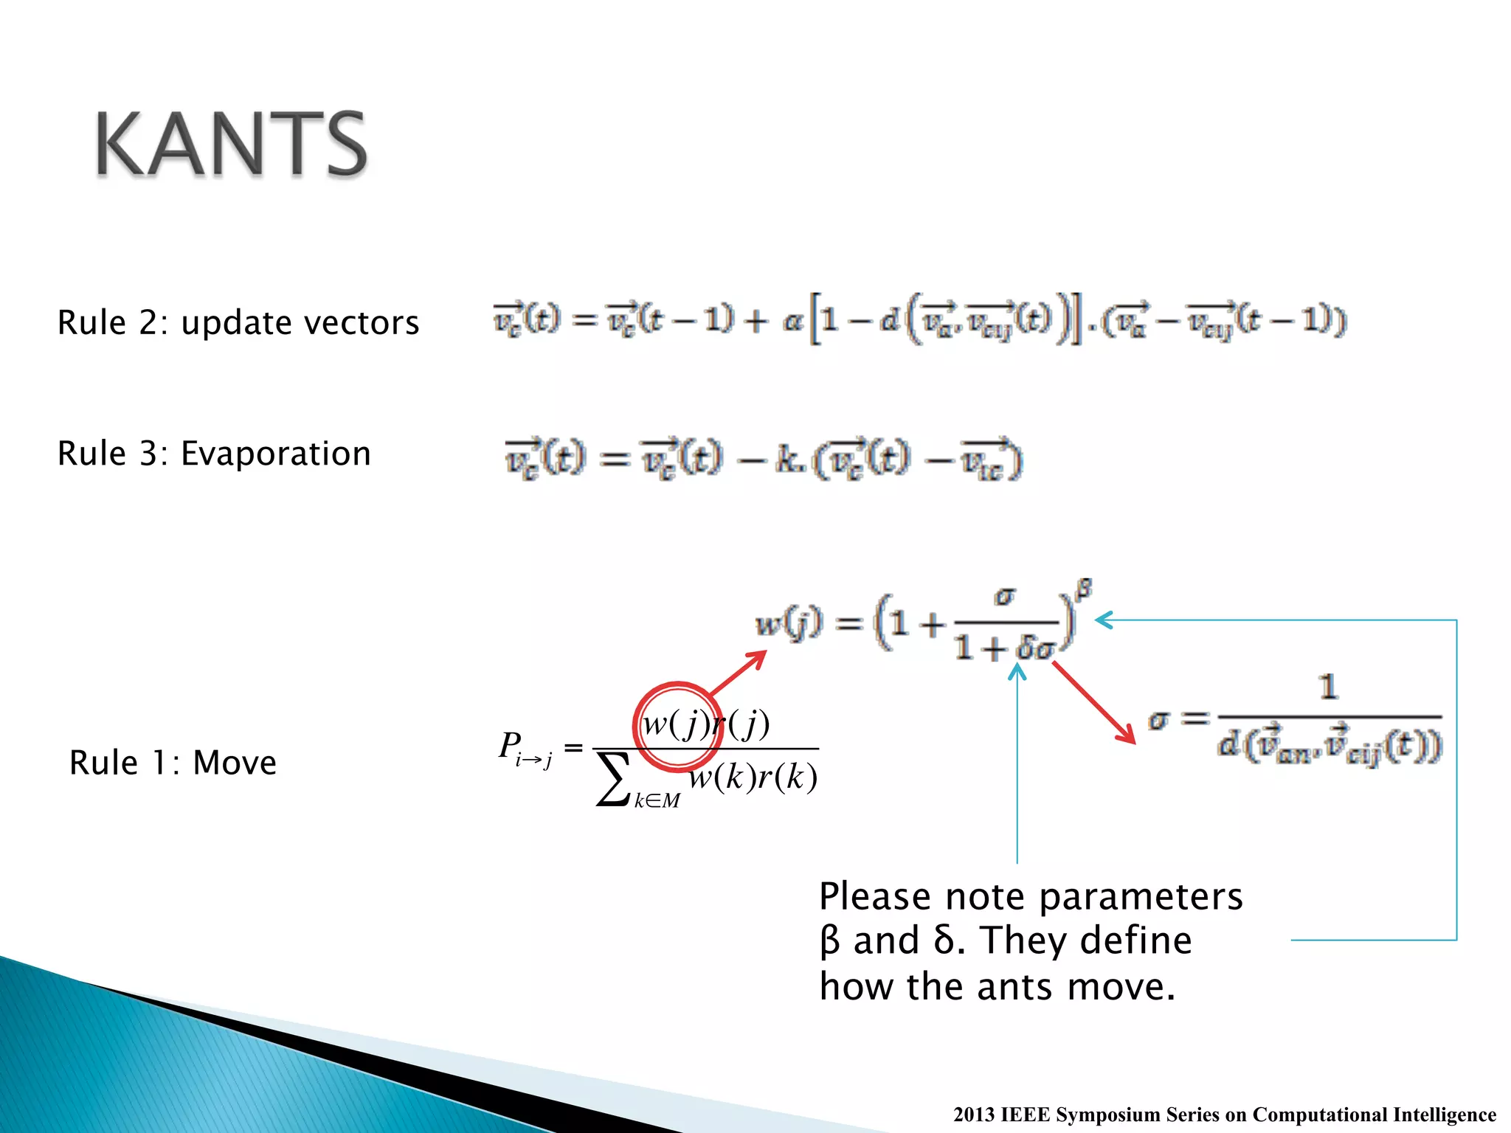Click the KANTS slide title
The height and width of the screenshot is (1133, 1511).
(231, 144)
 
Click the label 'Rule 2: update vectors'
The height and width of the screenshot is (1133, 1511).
(238, 323)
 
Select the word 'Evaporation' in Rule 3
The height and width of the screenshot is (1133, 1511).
(275, 454)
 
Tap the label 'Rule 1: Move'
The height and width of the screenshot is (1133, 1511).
(173, 763)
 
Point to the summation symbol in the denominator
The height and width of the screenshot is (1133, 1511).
(613, 780)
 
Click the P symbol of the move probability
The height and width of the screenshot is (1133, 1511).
(509, 745)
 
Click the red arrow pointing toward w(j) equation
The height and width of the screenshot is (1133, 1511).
(738, 672)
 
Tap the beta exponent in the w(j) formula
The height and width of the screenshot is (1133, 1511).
(1083, 589)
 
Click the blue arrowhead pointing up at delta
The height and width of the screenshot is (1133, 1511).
(1017, 671)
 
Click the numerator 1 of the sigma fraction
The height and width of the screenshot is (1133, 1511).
(1328, 687)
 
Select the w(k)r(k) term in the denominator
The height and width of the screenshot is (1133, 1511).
(753, 777)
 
